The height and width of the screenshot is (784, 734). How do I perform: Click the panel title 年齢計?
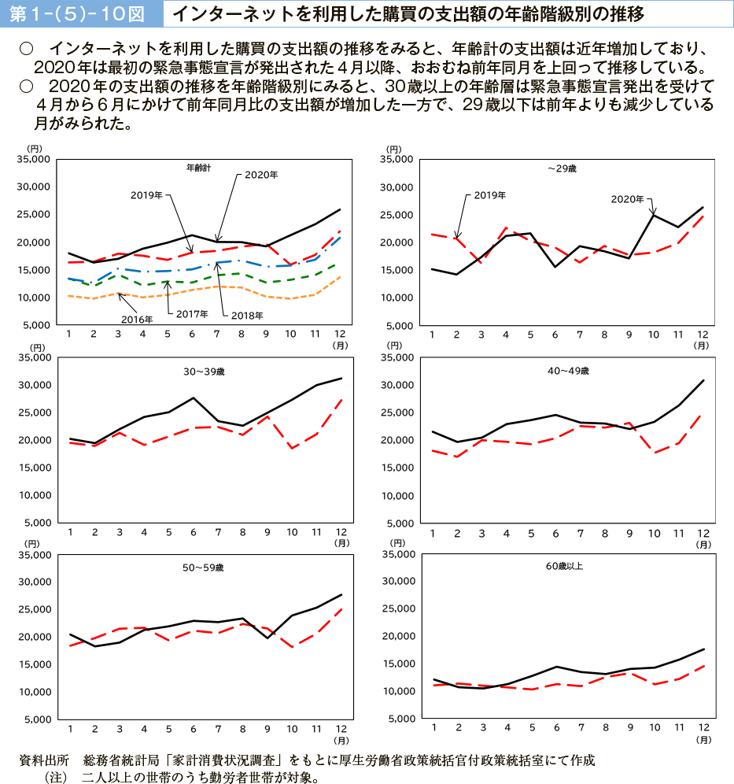(198, 168)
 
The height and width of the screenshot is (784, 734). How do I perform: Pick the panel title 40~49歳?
(568, 370)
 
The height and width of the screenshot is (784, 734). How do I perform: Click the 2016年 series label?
(137, 319)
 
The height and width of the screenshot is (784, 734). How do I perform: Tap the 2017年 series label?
(192, 314)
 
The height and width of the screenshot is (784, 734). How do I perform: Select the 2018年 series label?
(247, 315)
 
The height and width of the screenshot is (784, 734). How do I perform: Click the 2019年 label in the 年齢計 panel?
(147, 194)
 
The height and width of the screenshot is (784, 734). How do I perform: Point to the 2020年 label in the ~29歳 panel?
(627, 200)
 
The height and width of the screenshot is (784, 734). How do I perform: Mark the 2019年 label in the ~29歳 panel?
(490, 194)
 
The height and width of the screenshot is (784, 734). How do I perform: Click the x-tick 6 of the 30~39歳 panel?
(193, 532)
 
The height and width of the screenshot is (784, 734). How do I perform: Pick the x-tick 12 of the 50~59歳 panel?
(340, 729)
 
